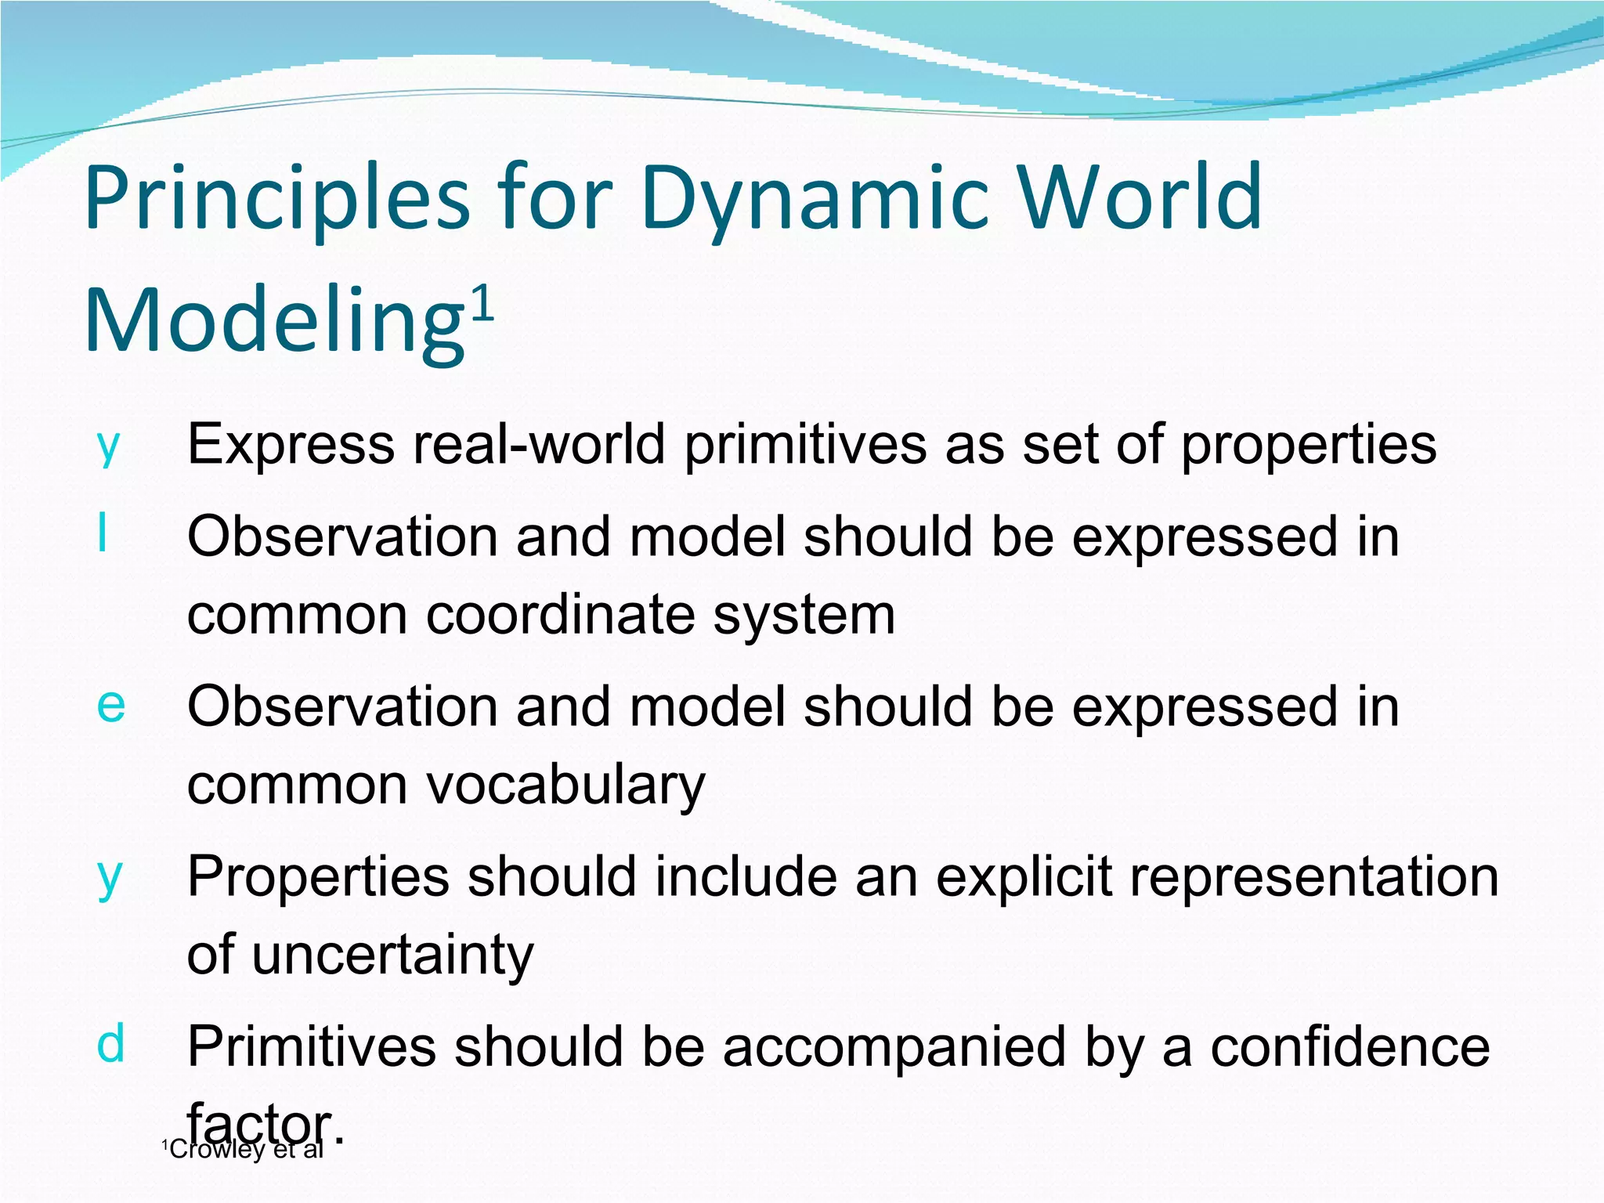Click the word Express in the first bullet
[291, 445]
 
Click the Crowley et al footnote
[243, 1150]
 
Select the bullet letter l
[103, 534]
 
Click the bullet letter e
[110, 704]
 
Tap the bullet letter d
[110, 1044]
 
